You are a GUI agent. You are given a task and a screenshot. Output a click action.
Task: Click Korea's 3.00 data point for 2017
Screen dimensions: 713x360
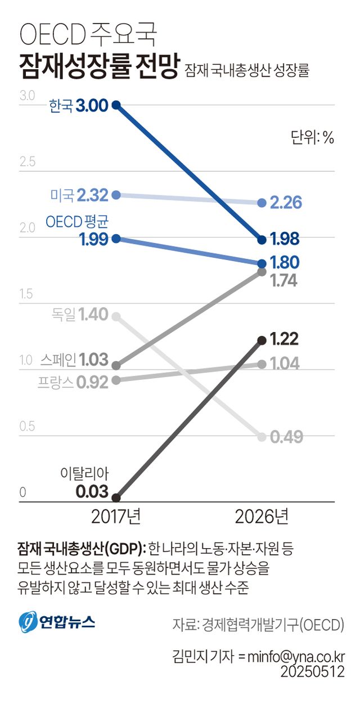pyautogui.click(x=116, y=105)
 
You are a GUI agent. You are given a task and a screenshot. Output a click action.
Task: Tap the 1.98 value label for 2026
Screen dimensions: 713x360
pyautogui.click(x=285, y=240)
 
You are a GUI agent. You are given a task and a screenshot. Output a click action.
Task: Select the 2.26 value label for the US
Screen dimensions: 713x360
pyautogui.click(x=286, y=203)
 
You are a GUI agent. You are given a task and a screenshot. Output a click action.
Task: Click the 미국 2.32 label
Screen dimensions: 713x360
pyautogui.click(x=79, y=195)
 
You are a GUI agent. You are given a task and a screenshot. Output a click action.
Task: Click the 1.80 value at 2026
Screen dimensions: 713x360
pyautogui.click(x=285, y=262)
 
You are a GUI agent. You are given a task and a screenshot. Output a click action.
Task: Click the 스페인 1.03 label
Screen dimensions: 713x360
pyautogui.click(x=74, y=359)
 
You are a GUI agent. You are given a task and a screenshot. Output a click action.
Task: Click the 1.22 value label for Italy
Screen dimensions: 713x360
pyautogui.click(x=284, y=339)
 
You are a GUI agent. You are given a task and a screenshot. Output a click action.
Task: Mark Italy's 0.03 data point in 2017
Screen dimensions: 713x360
pyautogui.click(x=116, y=497)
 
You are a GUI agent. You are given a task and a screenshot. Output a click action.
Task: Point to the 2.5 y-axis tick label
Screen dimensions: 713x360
pyautogui.click(x=28, y=163)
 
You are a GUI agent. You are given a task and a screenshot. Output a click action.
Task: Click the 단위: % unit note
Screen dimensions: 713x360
pyautogui.click(x=312, y=137)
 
